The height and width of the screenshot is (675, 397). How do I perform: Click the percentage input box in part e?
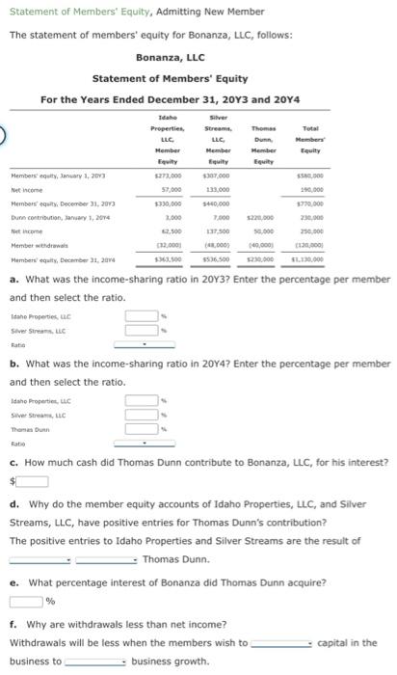27,601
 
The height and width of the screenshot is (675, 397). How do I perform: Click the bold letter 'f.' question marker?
13,623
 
